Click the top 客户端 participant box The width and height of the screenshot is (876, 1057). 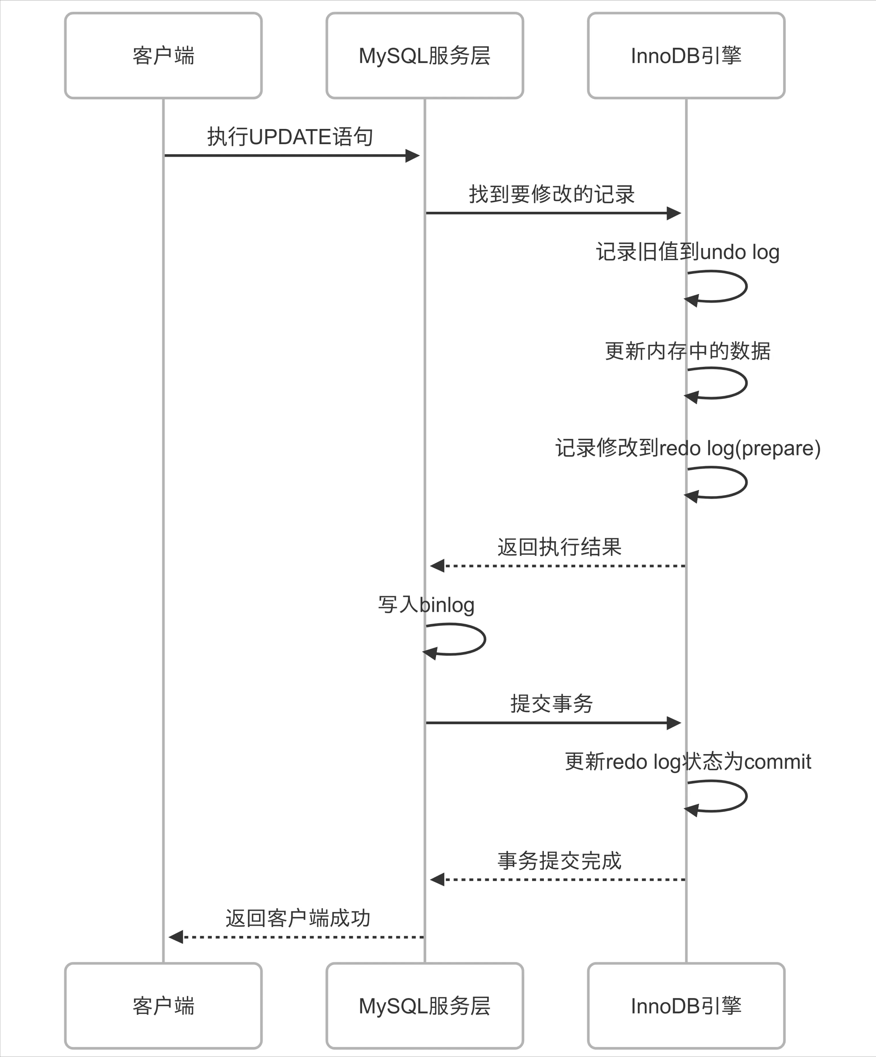click(x=163, y=55)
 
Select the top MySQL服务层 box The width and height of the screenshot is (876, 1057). click(x=424, y=55)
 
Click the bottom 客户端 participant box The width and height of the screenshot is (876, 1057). click(x=163, y=1006)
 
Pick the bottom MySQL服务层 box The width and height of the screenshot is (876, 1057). click(x=424, y=1006)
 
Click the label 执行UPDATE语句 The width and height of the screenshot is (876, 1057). click(x=290, y=137)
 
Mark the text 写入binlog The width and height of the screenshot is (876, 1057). click(x=426, y=605)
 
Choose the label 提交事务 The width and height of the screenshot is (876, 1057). click(x=552, y=704)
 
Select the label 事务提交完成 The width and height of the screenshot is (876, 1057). click(x=559, y=861)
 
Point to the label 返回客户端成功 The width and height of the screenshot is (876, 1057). click(x=298, y=918)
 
